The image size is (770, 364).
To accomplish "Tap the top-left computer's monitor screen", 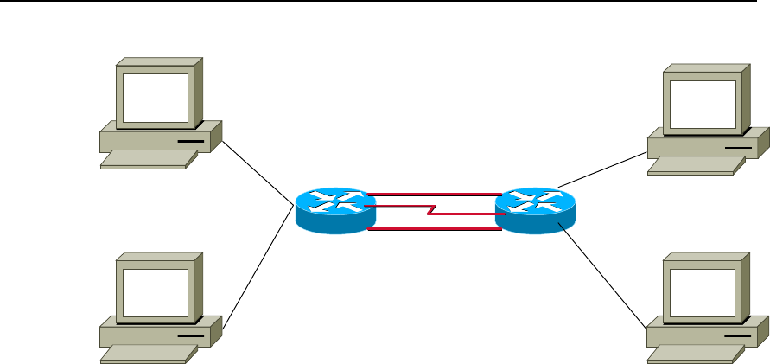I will [155, 97].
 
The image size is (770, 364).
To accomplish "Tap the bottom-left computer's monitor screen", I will [155, 291].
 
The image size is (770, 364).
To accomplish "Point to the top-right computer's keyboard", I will [691, 166].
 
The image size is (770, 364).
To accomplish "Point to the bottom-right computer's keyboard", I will [691, 353].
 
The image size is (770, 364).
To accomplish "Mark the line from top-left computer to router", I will [257, 170].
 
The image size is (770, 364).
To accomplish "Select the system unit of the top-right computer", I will [704, 143].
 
